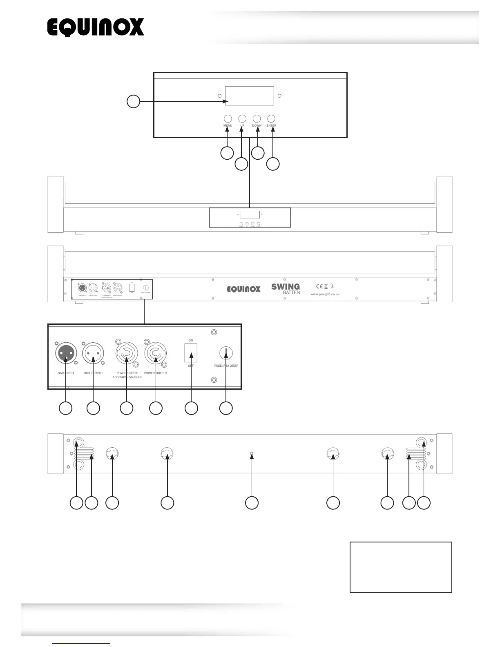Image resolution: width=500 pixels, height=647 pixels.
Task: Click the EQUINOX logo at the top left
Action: pyautogui.click(x=96, y=27)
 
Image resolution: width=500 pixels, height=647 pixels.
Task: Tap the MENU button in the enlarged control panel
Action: pyautogui.click(x=228, y=118)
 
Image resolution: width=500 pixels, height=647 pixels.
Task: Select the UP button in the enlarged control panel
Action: pyautogui.click(x=242, y=118)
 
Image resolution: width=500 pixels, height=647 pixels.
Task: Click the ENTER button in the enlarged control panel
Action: pyautogui.click(x=271, y=118)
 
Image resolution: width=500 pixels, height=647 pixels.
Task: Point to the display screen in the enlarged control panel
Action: pyautogui.click(x=249, y=96)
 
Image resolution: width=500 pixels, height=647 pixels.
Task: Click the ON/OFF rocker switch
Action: pyautogui.click(x=191, y=353)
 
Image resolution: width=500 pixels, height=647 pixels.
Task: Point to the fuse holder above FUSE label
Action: pyautogui.click(x=226, y=353)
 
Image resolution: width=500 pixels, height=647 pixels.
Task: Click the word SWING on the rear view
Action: pyautogui.click(x=286, y=287)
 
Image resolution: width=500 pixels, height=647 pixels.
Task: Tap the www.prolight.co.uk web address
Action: pyautogui.click(x=325, y=294)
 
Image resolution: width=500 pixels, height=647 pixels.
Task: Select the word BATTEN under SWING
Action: pyautogui.click(x=291, y=292)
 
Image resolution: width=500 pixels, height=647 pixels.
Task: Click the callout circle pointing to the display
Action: pyautogui.click(x=133, y=101)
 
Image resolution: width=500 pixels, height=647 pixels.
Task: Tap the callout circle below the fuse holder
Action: pyautogui.click(x=226, y=408)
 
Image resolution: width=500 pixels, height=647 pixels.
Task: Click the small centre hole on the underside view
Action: pyautogui.click(x=252, y=453)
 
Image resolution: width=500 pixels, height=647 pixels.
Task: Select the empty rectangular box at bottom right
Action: pyautogui.click(x=401, y=567)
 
